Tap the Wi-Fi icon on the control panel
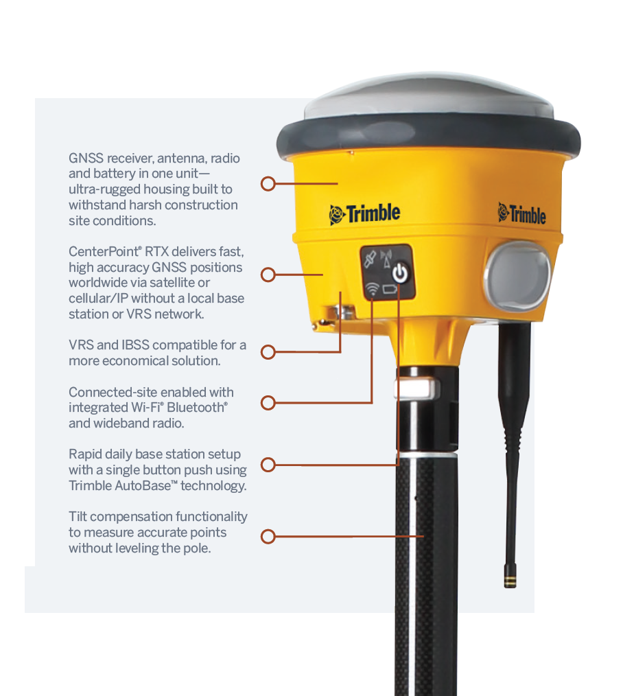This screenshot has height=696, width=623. pos(373,289)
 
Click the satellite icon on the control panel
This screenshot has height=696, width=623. pos(371,260)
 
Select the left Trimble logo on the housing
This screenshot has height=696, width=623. pos(364,213)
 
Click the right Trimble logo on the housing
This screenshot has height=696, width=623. pos(521,213)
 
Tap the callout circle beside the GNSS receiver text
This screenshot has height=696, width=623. pos(268,184)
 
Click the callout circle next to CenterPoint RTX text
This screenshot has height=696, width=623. pos(268,275)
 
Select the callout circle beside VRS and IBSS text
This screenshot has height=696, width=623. pos(268,352)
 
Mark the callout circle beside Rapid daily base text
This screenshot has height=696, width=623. pos(268,465)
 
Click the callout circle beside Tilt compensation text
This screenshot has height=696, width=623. pos(268,536)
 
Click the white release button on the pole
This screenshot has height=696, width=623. pos(414,389)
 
